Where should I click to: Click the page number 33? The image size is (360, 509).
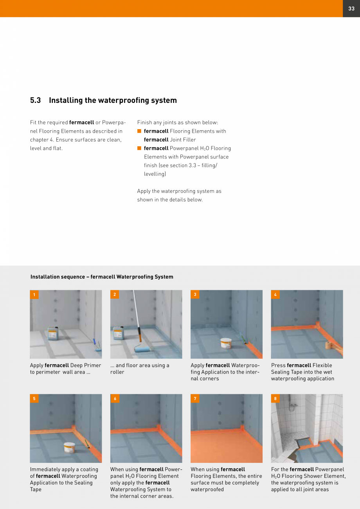pos(351,9)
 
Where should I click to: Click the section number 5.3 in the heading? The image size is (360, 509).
pos(36,101)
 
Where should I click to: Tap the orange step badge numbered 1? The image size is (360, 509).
pos(34,295)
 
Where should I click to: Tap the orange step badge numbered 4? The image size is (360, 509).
pos(275,295)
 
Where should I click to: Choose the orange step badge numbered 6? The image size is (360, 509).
pos(115,399)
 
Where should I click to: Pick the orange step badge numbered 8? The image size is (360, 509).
pos(275,399)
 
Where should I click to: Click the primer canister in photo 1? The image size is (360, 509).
pos(53,334)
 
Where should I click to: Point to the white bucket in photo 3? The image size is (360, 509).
pos(226,343)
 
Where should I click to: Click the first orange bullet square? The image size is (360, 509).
pos(139,131)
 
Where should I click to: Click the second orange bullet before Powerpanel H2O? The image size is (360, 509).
pos(139,148)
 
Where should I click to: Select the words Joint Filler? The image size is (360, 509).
pos(183,140)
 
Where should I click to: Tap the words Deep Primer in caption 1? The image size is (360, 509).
pos(86,365)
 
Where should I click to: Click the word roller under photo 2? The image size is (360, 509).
pos(117,372)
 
